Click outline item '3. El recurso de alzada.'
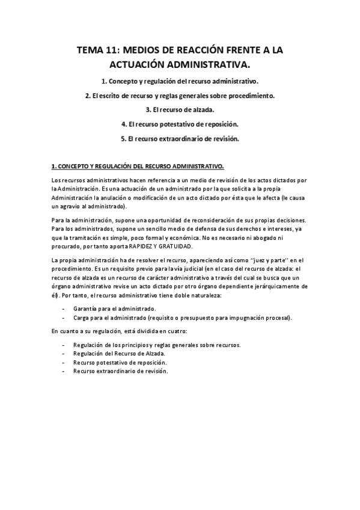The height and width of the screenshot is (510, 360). pyautogui.click(x=180, y=109)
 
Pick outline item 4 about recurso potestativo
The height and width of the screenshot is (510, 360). pyautogui.click(x=180, y=124)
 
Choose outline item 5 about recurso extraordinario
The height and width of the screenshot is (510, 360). pyautogui.click(x=180, y=138)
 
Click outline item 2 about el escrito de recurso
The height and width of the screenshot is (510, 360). pyautogui.click(x=180, y=95)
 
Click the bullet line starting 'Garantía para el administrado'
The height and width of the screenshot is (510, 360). pyautogui.click(x=108, y=308)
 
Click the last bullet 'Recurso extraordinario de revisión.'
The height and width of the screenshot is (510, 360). pyautogui.click(x=120, y=371)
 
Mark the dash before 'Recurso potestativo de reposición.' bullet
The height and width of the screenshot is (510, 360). pyautogui.click(x=64, y=363)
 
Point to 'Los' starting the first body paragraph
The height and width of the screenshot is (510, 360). pyautogui.click(x=55, y=180)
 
